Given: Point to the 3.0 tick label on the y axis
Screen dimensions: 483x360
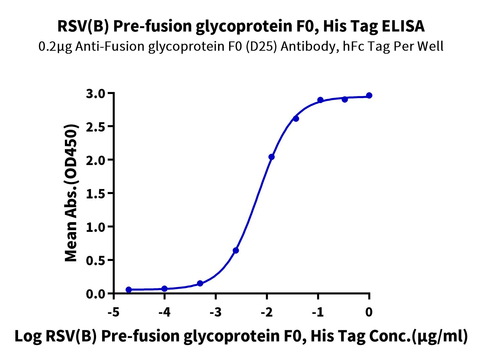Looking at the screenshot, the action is pos(96,94).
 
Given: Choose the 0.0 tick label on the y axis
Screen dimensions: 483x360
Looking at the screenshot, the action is pos(96,294).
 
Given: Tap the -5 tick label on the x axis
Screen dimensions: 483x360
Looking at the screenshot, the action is pos(114,312).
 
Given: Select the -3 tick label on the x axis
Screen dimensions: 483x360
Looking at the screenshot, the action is pos(216,312).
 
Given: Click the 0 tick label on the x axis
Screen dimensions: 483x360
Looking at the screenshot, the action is pos(369,312).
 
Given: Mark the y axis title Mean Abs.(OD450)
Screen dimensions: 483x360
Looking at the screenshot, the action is pos(71,193).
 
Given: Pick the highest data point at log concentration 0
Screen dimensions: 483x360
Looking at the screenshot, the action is pos(369,95).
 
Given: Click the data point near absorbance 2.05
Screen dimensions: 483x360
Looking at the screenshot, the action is pos(272,157).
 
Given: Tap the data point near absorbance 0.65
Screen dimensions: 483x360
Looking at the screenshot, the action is pos(236,251).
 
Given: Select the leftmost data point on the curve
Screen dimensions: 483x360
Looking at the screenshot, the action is pos(129,290).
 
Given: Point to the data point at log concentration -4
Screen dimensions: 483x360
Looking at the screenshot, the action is pos(165,289).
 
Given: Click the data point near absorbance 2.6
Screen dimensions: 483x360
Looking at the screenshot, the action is pos(296,119).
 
